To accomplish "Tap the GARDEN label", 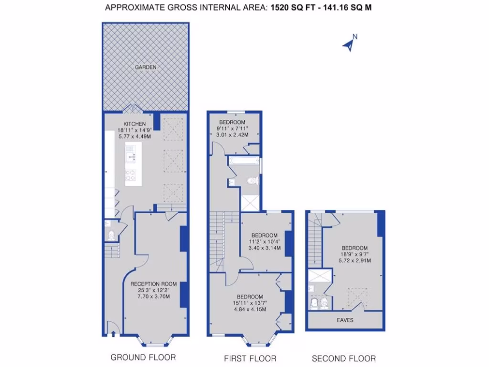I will (x=145, y=67).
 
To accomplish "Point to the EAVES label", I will (x=345, y=320).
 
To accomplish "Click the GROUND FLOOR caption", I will (x=143, y=357).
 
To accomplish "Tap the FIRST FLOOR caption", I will (x=250, y=358).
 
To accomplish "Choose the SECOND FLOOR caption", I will (x=344, y=358).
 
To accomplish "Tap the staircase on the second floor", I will (x=315, y=239).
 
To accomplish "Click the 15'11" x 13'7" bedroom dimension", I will (x=250, y=302).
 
